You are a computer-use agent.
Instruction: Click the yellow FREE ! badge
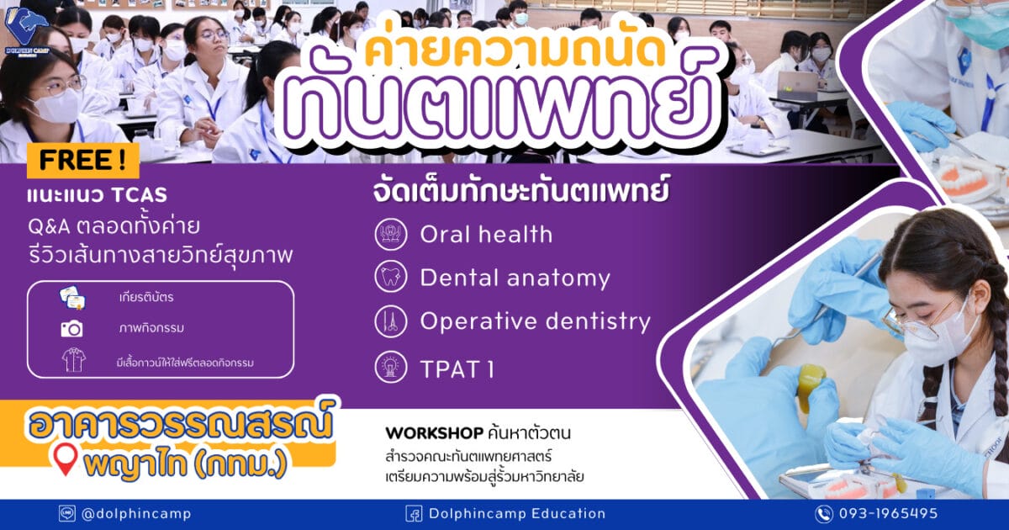[x=83, y=161]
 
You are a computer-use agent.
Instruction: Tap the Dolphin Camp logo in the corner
[x=27, y=31]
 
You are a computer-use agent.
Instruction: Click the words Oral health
[x=486, y=235]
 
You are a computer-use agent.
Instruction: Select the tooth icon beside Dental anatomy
[x=391, y=277]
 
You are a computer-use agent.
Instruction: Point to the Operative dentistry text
[x=535, y=321]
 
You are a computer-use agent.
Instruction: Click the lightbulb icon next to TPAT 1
[x=391, y=367]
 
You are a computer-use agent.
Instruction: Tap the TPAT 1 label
[x=457, y=369]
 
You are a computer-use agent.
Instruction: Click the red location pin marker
[x=66, y=460]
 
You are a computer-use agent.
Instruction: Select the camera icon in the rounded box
[x=72, y=329]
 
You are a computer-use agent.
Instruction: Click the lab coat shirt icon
[x=73, y=360]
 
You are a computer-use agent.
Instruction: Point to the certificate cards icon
[x=72, y=298]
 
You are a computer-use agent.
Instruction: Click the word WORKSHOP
[x=434, y=433]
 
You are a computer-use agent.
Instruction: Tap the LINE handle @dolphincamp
[x=136, y=514]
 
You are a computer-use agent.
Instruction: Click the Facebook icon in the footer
[x=414, y=514]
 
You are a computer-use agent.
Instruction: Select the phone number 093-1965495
[x=888, y=513]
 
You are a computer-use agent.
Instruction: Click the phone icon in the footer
[x=824, y=514]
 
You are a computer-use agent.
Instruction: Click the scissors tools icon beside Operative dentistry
[x=391, y=321]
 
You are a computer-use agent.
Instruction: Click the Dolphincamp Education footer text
[x=517, y=514]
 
